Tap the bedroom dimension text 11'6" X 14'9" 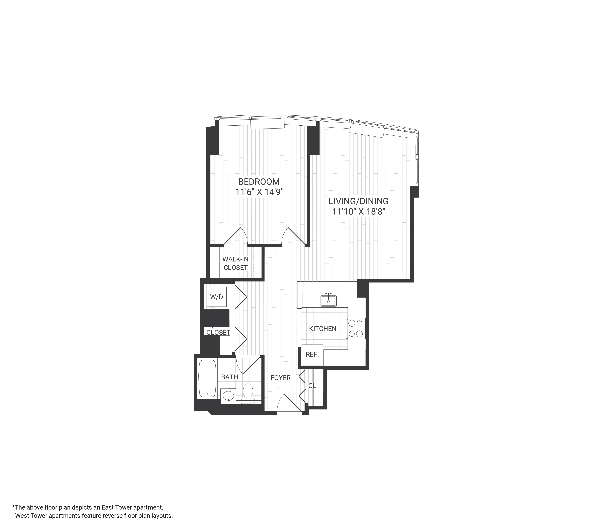click(x=259, y=192)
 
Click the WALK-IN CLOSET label click(x=236, y=263)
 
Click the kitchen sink click(x=328, y=300)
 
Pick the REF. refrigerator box click(x=312, y=354)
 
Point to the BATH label click(x=230, y=377)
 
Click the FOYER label click(x=281, y=378)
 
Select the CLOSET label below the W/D click(x=218, y=333)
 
